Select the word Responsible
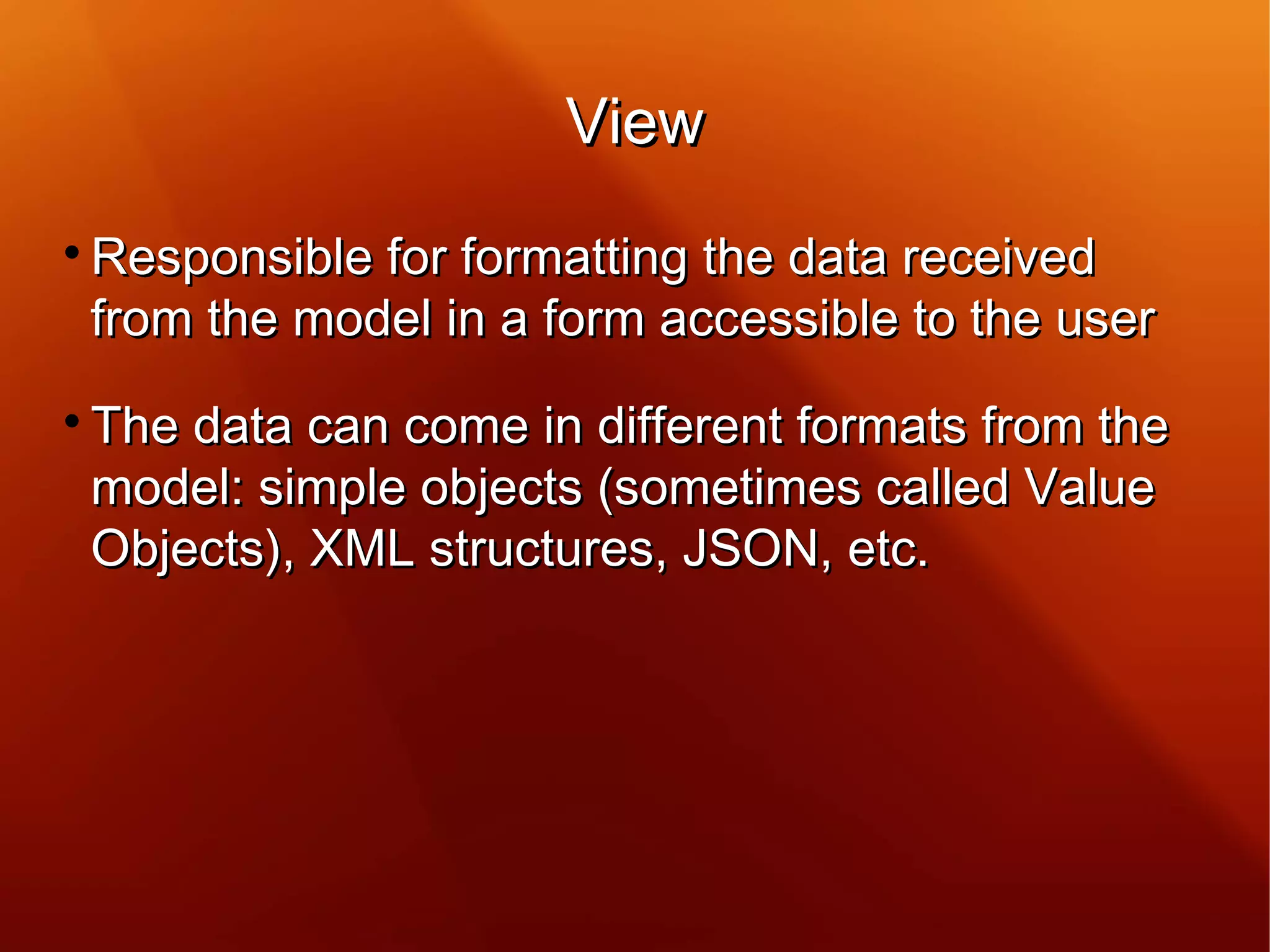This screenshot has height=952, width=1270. (x=232, y=257)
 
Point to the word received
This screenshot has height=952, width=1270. (x=998, y=257)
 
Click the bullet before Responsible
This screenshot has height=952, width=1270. (x=73, y=252)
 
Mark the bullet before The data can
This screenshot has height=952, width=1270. (x=73, y=421)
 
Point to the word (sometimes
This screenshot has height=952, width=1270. (x=729, y=487)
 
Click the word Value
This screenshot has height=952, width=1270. (x=1089, y=487)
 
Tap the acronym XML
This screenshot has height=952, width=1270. (x=362, y=549)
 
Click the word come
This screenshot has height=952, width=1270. (x=466, y=427)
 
